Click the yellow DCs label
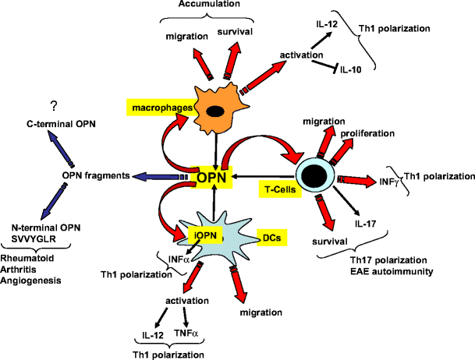click(x=271, y=234)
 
